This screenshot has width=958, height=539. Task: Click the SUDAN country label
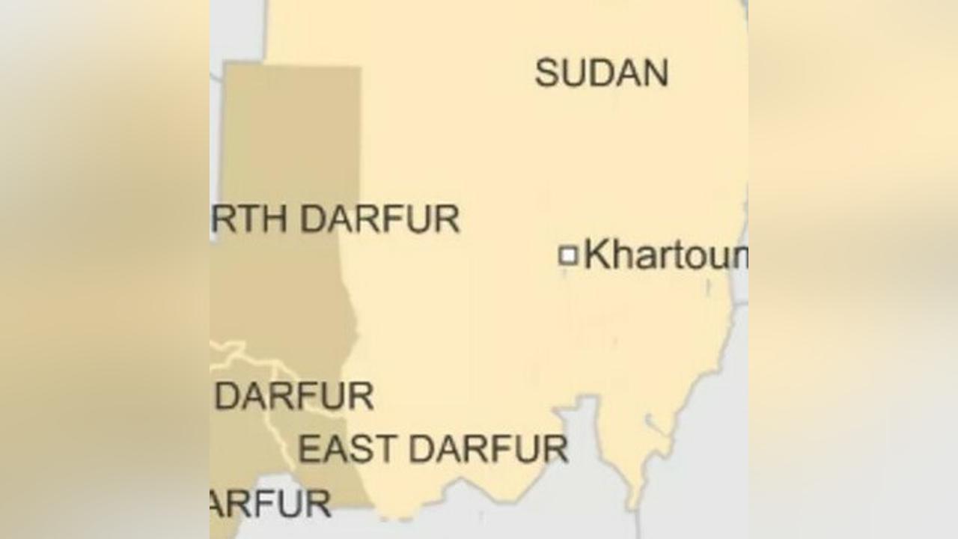click(x=601, y=73)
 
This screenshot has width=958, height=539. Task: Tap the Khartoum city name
click(x=665, y=255)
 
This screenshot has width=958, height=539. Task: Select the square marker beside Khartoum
click(x=568, y=255)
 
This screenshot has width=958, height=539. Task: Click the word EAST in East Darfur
click(x=347, y=449)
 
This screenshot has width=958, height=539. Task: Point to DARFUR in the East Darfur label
click(x=489, y=449)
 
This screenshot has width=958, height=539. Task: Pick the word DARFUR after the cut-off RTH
click(x=379, y=219)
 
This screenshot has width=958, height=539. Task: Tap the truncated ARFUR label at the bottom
click(x=270, y=504)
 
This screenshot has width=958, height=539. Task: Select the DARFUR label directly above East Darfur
click(x=294, y=396)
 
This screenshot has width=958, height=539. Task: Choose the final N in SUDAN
click(x=656, y=73)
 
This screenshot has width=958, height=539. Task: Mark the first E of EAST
click(x=308, y=449)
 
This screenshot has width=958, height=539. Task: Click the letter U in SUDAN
click(x=573, y=73)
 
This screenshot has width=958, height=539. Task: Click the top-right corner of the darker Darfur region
click(x=359, y=67)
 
